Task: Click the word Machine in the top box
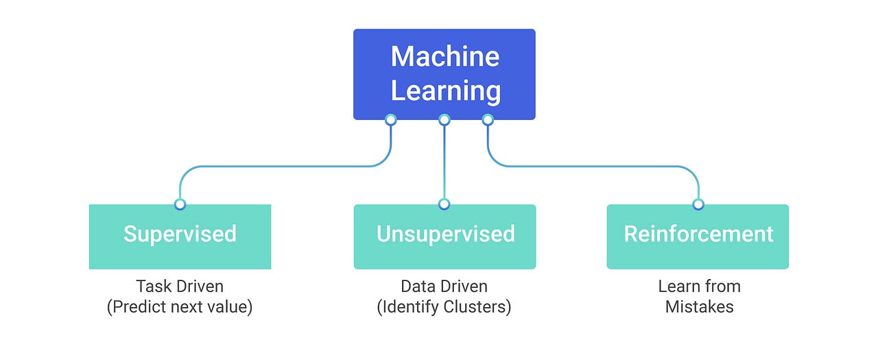(444, 56)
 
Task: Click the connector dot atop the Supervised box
(180, 204)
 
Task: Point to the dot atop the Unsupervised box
(444, 204)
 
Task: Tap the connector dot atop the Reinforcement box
(698, 204)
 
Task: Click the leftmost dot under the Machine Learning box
(390, 120)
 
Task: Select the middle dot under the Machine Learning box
(444, 120)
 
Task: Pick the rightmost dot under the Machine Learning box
(488, 120)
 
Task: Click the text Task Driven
(180, 286)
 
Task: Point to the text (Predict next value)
(180, 307)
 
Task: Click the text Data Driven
(444, 286)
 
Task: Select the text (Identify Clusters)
(444, 307)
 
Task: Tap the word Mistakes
(699, 307)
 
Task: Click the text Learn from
(699, 286)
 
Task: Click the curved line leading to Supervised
(274, 166)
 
